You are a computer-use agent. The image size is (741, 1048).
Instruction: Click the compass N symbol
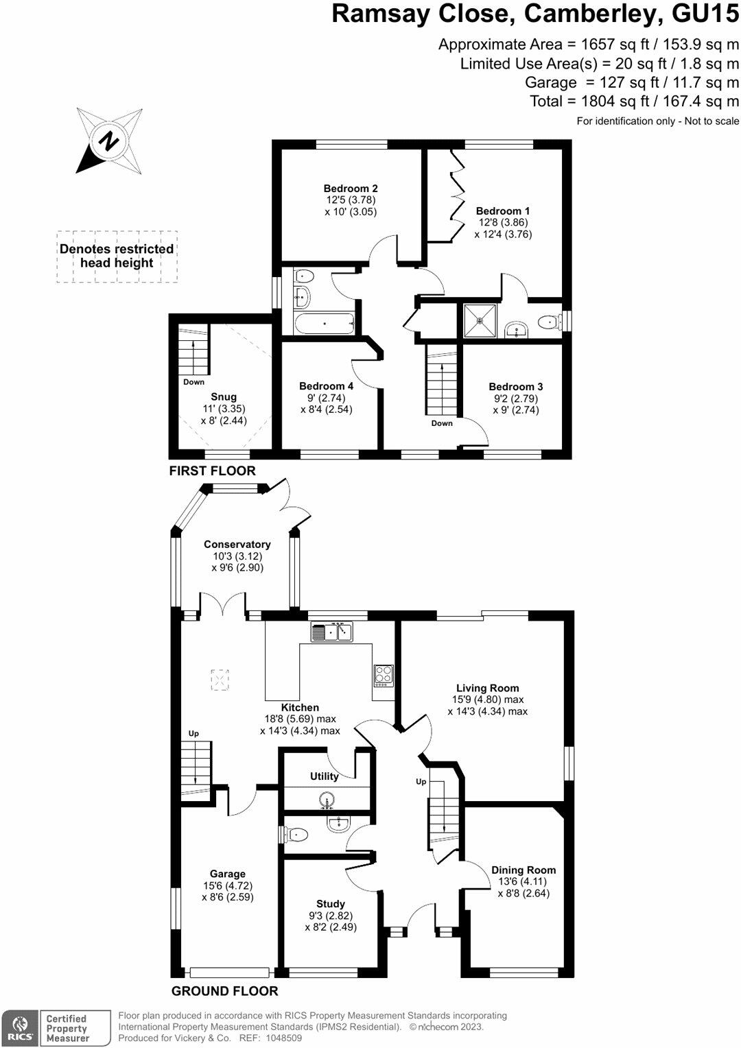click(x=108, y=141)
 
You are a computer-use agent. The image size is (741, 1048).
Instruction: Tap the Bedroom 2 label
click(x=351, y=189)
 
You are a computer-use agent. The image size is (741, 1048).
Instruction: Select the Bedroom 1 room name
click(x=503, y=211)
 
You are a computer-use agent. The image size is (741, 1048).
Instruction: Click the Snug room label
click(x=224, y=397)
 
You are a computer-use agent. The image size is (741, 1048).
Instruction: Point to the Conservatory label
click(x=237, y=545)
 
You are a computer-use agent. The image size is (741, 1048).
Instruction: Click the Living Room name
click(x=488, y=688)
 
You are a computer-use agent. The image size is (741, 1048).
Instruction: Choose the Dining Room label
click(x=524, y=870)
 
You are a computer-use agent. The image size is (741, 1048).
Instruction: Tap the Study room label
click(x=331, y=904)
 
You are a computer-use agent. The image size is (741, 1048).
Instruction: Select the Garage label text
click(x=228, y=874)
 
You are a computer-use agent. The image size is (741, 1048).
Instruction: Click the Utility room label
click(x=325, y=776)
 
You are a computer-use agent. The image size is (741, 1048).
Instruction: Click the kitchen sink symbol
click(x=331, y=632)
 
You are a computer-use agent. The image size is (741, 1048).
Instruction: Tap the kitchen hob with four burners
click(x=384, y=675)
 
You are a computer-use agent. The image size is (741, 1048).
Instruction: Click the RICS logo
click(x=19, y=1028)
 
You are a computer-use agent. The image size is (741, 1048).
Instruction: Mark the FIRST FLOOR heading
click(x=213, y=471)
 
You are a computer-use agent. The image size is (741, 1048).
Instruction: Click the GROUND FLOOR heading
click(x=225, y=991)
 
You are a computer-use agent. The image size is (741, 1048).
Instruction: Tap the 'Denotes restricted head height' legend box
click(x=117, y=257)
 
